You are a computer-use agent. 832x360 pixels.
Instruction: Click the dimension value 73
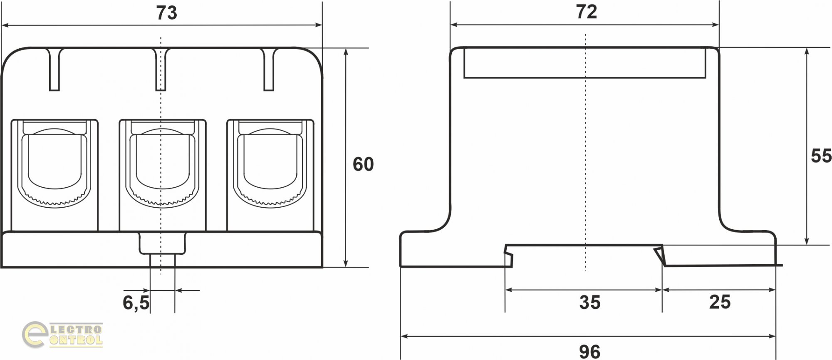point(167,13)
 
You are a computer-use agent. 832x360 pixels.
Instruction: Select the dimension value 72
point(587,12)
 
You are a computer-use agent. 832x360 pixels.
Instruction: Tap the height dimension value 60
point(363,164)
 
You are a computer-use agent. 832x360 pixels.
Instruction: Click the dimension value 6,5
point(136,303)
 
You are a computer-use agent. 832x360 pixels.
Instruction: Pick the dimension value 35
point(590,303)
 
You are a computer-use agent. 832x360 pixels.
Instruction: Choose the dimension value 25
point(720,302)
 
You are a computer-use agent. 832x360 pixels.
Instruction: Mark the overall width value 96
point(589,352)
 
